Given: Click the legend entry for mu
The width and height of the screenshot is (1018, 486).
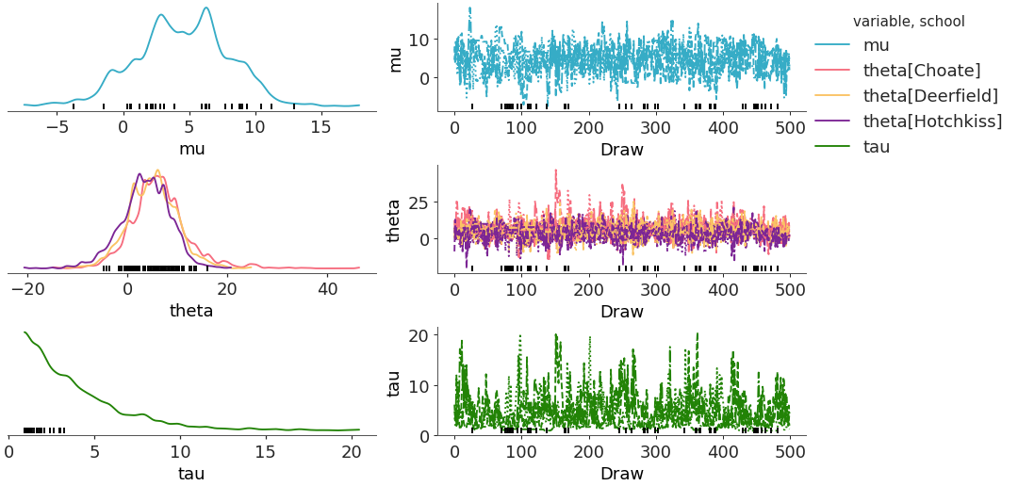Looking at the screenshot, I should pyautogui.click(x=876, y=44).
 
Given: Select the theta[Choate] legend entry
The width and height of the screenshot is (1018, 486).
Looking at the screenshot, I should pyautogui.click(x=922, y=70).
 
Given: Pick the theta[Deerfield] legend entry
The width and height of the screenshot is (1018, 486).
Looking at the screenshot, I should pyautogui.click(x=929, y=95).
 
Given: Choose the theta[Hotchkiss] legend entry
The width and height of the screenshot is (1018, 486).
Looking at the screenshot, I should pyautogui.click(x=932, y=121).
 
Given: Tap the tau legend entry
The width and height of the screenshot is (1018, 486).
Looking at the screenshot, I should pyautogui.click(x=877, y=146).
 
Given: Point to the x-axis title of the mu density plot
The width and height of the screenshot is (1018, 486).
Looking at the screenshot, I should pyautogui.click(x=192, y=148).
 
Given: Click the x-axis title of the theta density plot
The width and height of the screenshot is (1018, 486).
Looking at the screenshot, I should pyautogui.click(x=191, y=311).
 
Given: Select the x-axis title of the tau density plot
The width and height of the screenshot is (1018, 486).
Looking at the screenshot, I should pyautogui.click(x=191, y=473).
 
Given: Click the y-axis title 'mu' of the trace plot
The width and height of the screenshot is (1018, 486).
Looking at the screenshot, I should pyautogui.click(x=397, y=57).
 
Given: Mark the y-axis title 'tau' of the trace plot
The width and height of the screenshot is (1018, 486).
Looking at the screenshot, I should pyautogui.click(x=397, y=382).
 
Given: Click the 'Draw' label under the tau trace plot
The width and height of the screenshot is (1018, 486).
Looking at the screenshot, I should pyautogui.click(x=621, y=473).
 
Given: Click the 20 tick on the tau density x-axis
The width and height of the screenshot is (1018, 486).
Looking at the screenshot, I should pyautogui.click(x=351, y=451).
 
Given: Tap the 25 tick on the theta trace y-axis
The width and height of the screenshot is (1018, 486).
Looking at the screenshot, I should pyautogui.click(x=420, y=202).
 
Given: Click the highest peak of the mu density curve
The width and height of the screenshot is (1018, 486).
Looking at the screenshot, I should pyautogui.click(x=205, y=8).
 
